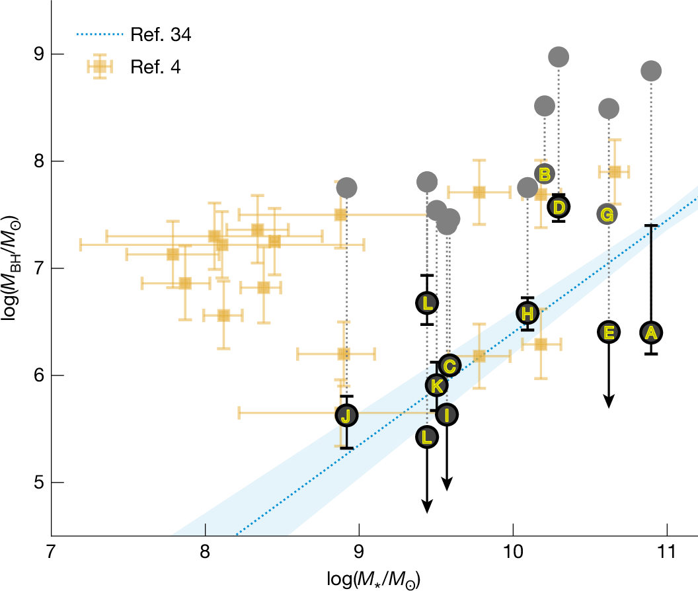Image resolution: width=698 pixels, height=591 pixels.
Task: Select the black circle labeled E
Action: [x=609, y=332]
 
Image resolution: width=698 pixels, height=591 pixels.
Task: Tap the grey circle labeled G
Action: [x=608, y=214]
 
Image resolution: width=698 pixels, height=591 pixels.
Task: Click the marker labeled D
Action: [x=559, y=207]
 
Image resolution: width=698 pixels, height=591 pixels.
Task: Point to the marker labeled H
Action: [x=527, y=313]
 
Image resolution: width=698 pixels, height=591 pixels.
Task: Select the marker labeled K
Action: [x=436, y=385]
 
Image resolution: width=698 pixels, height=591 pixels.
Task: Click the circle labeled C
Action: [x=449, y=365]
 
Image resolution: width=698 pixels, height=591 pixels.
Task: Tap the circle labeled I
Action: [x=447, y=414]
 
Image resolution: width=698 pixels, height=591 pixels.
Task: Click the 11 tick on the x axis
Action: [x=667, y=549]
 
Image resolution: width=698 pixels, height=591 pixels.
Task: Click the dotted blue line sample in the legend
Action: [x=100, y=36]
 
